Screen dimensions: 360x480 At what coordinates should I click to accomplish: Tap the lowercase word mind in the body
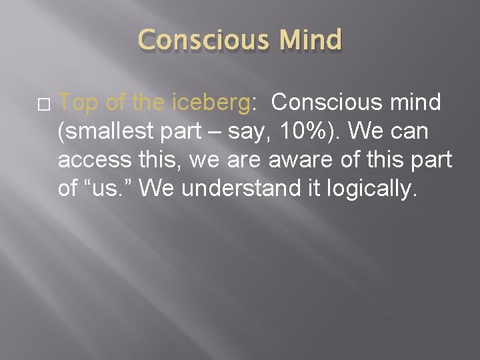(x=414, y=103)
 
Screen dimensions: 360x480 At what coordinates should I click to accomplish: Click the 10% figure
(x=291, y=133)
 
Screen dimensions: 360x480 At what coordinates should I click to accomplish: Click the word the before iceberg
(x=150, y=103)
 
